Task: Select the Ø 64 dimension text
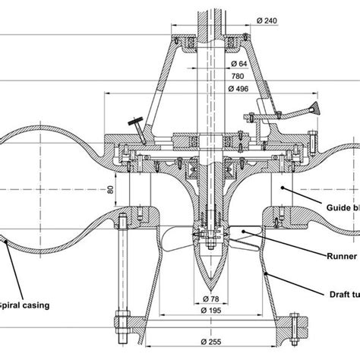click(238, 63)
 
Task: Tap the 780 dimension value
click(237, 76)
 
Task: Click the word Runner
click(342, 257)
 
